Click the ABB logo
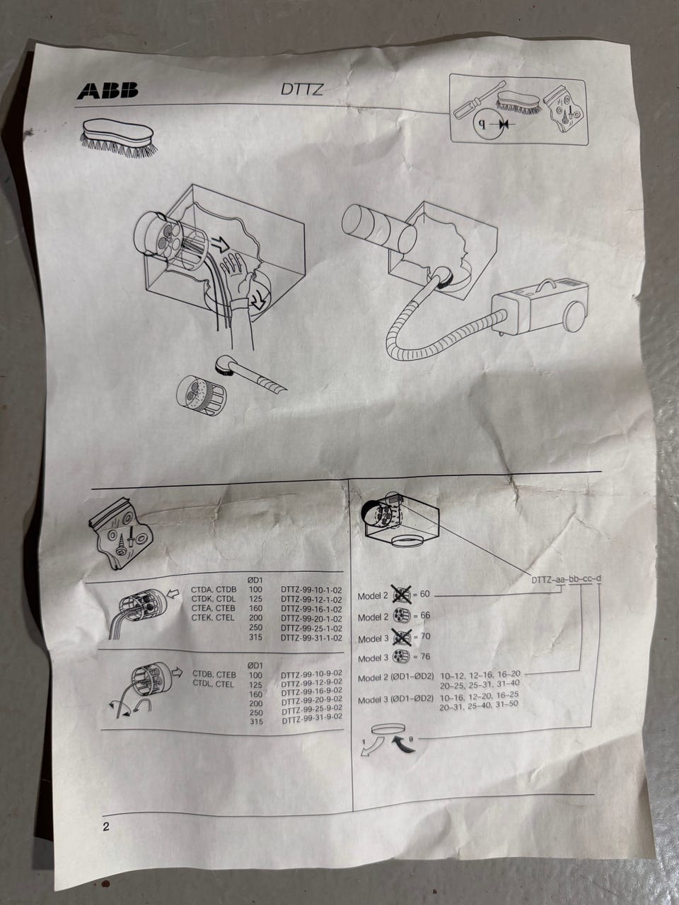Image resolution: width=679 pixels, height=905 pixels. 108,90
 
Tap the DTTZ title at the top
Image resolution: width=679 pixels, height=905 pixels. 302,89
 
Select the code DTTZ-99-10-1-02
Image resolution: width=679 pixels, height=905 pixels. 312,590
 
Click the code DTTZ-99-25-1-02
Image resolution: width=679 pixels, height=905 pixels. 312,629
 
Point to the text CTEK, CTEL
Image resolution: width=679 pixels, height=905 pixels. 213,618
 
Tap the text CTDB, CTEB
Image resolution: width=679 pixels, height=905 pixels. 214,675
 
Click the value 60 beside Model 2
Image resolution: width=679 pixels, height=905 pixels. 424,594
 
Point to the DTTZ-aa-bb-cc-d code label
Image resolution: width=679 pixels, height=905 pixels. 566,579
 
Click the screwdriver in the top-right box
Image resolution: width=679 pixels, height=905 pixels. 480,100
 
